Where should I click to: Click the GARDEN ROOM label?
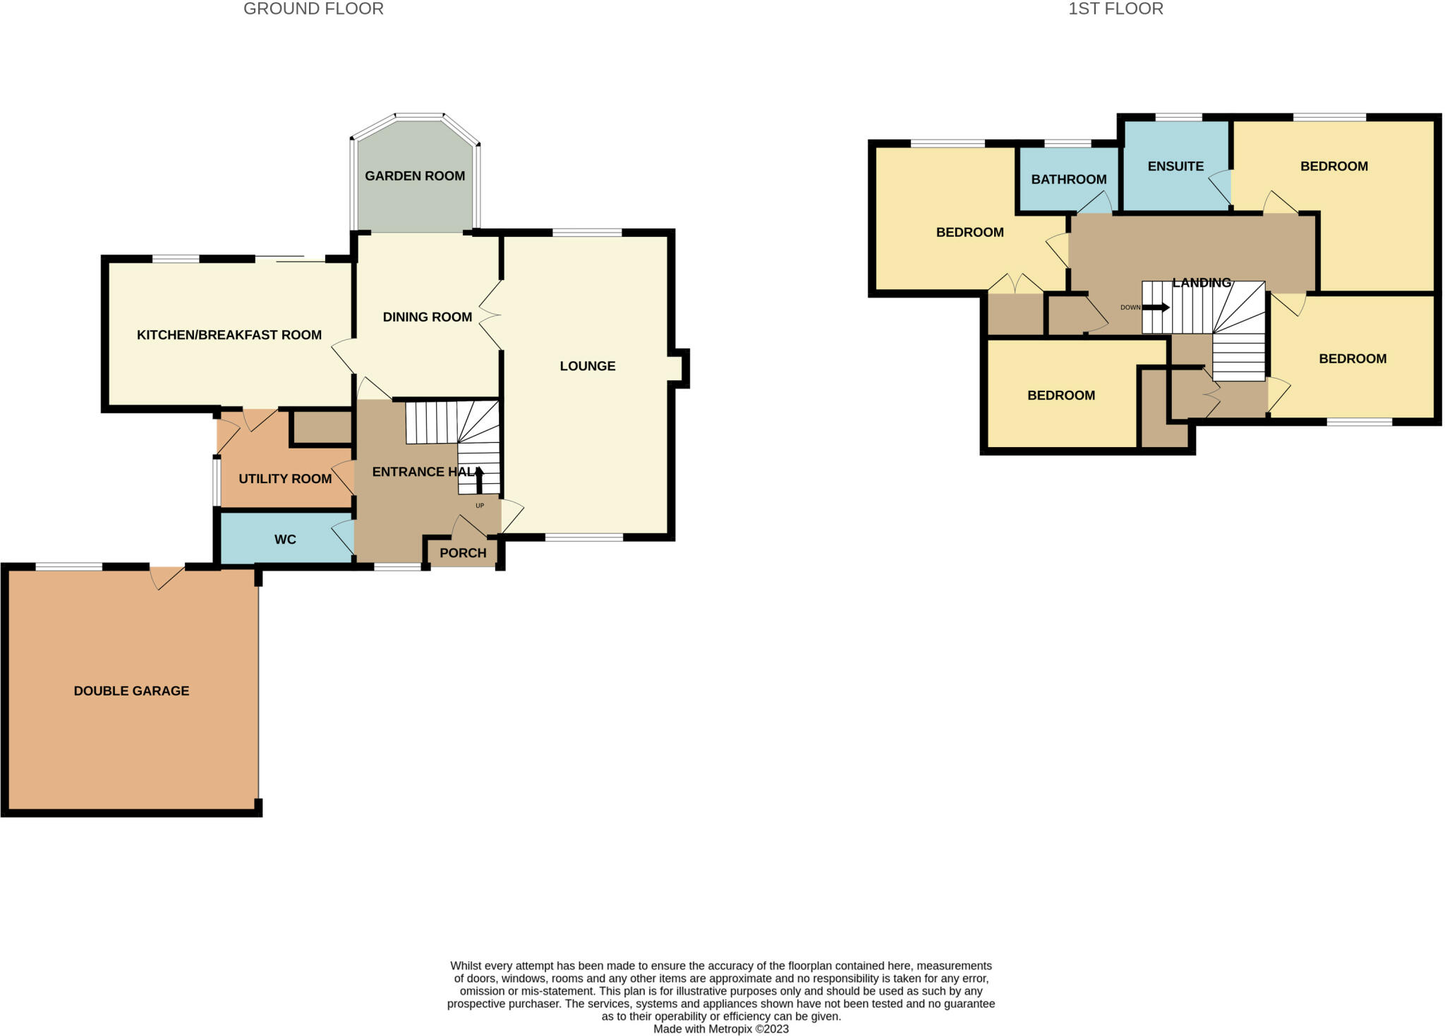coord(414,176)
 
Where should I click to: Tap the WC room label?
coord(285,540)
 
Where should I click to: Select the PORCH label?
coord(463,553)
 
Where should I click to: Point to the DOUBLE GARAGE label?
coord(131,691)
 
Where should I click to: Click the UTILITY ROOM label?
coord(285,479)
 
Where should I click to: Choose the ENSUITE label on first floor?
coord(1175,166)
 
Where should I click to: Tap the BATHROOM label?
coord(1068,179)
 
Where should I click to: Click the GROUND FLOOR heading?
coord(313,9)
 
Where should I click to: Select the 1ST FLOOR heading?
coord(1116,9)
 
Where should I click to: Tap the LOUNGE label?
coord(588,366)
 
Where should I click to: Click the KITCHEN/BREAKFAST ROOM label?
coord(229,335)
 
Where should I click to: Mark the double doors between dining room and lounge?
coord(491,315)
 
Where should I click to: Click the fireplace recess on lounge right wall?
coord(679,367)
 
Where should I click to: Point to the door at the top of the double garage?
coord(167,577)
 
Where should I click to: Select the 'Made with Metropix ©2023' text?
coord(720,1029)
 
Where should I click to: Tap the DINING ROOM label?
coord(427,317)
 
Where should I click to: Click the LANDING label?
coord(1201,283)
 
